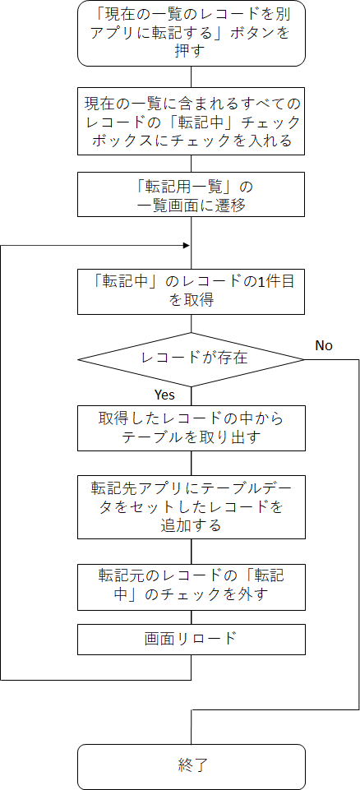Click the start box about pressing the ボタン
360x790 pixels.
(x=192, y=33)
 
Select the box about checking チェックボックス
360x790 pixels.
(x=192, y=122)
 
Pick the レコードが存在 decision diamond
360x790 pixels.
(x=192, y=359)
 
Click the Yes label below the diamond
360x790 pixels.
(x=164, y=395)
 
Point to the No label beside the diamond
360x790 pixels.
(x=324, y=345)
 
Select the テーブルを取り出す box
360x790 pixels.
(x=192, y=427)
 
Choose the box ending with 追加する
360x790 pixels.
(x=192, y=507)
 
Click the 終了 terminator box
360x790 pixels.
(x=192, y=767)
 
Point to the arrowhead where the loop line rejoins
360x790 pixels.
(x=187, y=245)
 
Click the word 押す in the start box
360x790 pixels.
(x=192, y=53)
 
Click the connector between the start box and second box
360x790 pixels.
(x=192, y=77)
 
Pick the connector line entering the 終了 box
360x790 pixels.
(x=192, y=727)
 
